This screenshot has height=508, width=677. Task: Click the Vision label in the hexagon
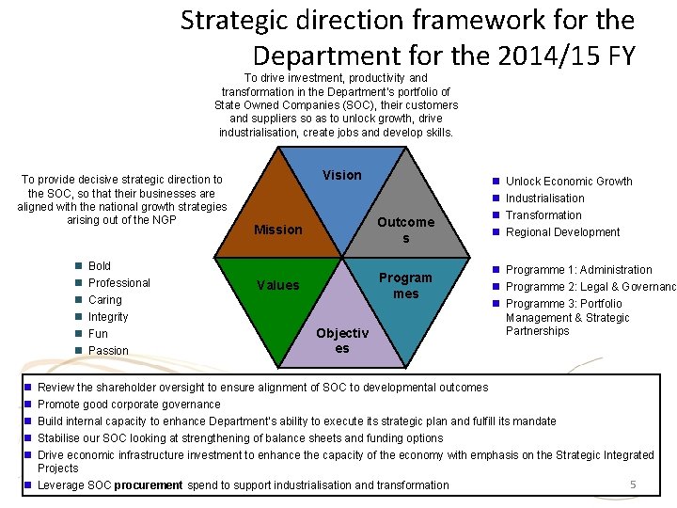[341, 175]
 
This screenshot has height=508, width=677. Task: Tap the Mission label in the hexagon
[278, 230]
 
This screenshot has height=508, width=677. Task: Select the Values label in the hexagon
[278, 285]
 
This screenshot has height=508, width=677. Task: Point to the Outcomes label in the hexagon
[405, 230]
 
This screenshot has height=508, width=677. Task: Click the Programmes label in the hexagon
[405, 285]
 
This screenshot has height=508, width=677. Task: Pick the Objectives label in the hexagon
[342, 341]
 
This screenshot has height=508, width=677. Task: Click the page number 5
[633, 484]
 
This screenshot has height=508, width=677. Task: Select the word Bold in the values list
[100, 266]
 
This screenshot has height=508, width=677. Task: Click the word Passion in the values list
[108, 351]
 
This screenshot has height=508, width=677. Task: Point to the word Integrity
[108, 317]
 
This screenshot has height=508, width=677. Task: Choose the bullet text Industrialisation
[544, 198]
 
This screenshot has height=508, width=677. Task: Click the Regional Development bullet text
[562, 232]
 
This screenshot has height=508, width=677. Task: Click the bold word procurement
[149, 485]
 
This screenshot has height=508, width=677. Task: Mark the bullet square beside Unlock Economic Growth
[495, 181]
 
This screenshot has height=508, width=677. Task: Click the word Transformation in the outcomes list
[543, 215]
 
